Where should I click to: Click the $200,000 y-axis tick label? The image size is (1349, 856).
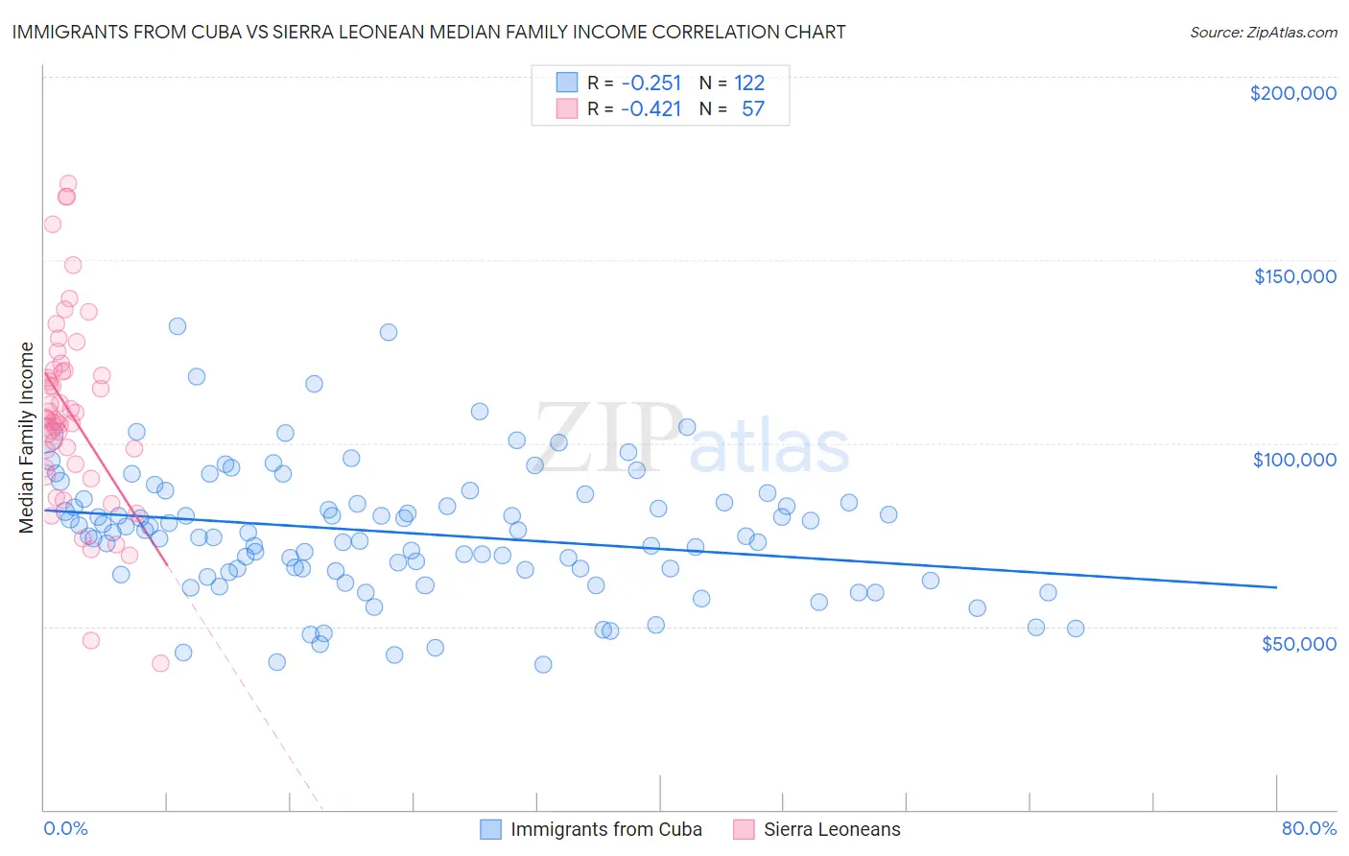coord(1292,93)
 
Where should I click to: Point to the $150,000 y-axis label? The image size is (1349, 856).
coord(1294,276)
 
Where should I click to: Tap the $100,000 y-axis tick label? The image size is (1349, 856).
coord(1294,460)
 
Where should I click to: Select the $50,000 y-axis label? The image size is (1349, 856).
coord(1298,643)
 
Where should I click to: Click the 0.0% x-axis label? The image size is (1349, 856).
coord(65,828)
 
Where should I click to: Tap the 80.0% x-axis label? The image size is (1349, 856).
coord(1309,828)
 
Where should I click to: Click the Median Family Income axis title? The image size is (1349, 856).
coord(27,437)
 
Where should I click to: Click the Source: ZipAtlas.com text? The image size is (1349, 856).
coord(1263,32)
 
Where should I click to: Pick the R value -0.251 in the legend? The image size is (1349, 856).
coord(651,83)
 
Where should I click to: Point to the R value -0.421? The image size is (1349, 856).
coord(651,108)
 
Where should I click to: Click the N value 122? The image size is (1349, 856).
coord(749,83)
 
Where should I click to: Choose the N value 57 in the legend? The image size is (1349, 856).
coord(753,108)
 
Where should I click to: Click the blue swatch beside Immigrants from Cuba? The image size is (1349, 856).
coord(491,829)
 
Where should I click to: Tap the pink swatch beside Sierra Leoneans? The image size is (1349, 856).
coord(745,829)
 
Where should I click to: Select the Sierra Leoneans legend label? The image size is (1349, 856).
coord(832,829)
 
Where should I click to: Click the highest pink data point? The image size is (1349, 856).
coord(68,183)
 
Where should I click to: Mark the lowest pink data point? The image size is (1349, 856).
coord(160,663)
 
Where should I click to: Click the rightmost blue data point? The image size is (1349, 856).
coord(1076,629)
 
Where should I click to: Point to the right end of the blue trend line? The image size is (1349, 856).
coord(1276,586)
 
